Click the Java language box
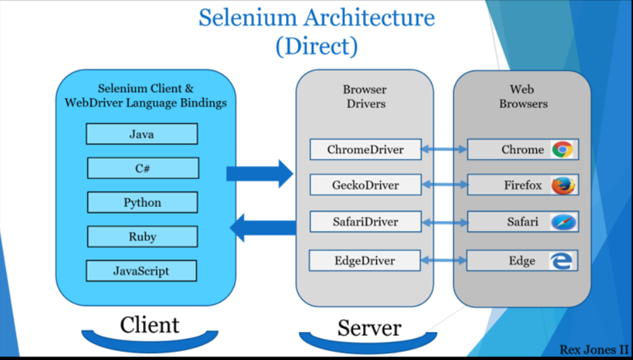click(x=142, y=134)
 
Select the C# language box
click(x=143, y=168)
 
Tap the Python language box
click(x=142, y=202)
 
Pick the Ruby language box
click(x=142, y=237)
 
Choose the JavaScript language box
click(x=141, y=271)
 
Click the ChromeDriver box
click(x=365, y=150)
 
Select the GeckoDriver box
click(x=365, y=185)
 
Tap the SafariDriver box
click(x=365, y=222)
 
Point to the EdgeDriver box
click(x=365, y=260)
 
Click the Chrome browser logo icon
click(x=563, y=150)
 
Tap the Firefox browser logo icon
click(x=563, y=185)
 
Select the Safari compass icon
click(x=563, y=222)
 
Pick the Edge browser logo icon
click(x=562, y=261)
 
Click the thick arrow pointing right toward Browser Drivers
click(x=260, y=174)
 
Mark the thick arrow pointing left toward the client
click(x=263, y=228)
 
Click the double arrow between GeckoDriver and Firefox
click(x=445, y=185)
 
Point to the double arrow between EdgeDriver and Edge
click(x=444, y=260)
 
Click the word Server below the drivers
click(x=369, y=327)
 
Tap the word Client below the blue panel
click(x=150, y=325)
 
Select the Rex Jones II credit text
click(x=594, y=350)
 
